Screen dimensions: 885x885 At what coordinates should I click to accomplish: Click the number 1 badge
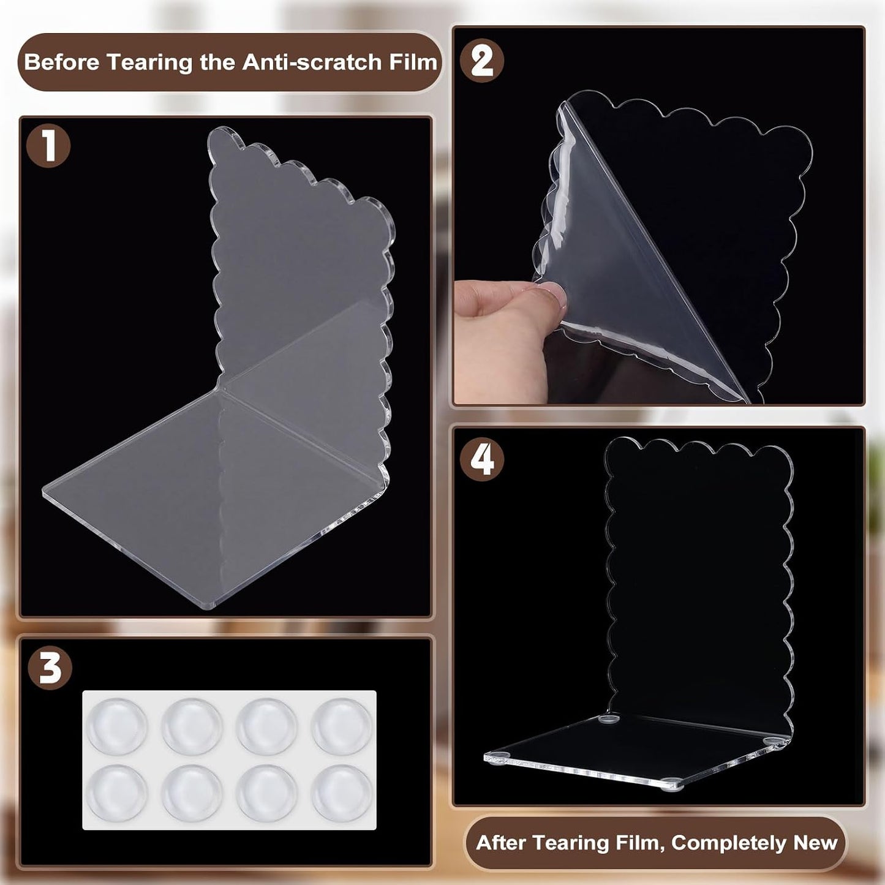pyautogui.click(x=48, y=146)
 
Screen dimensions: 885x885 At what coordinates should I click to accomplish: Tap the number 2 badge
pyautogui.click(x=482, y=61)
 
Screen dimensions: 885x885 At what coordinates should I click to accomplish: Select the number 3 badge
pyautogui.click(x=50, y=668)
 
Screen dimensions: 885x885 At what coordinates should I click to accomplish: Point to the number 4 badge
pyautogui.click(x=482, y=460)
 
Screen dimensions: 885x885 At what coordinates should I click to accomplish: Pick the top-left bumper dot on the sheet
pyautogui.click(x=116, y=726)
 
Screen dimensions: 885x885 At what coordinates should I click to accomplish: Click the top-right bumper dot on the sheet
pyautogui.click(x=341, y=726)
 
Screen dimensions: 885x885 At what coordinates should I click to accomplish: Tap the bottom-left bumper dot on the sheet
pyautogui.click(x=116, y=793)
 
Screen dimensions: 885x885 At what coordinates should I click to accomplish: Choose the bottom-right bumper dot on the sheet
pyautogui.click(x=341, y=793)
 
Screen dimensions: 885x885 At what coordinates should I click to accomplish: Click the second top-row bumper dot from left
pyautogui.click(x=192, y=726)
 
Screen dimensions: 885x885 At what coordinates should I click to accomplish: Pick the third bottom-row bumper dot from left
pyautogui.click(x=267, y=793)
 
